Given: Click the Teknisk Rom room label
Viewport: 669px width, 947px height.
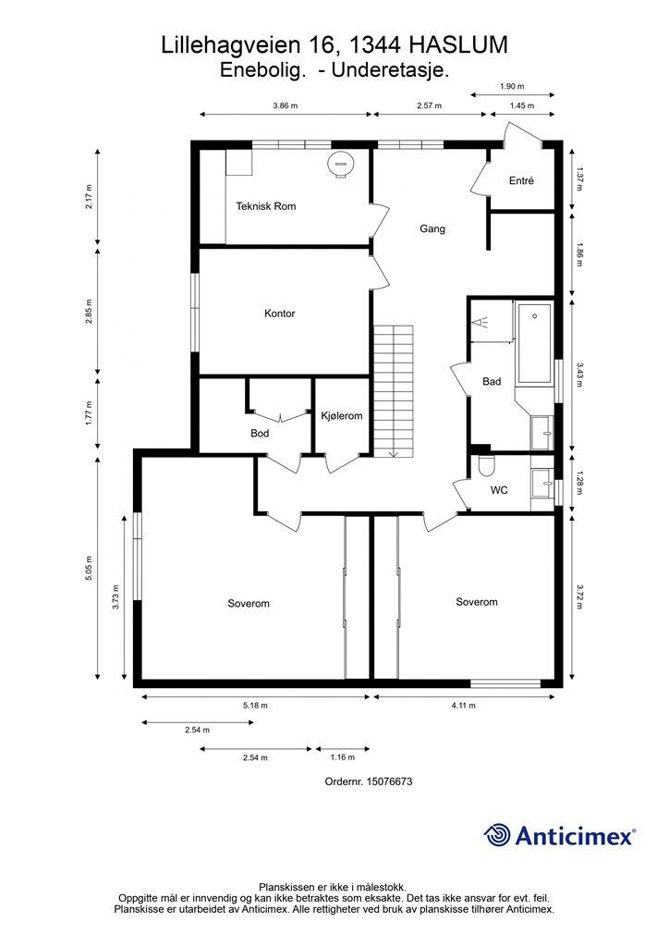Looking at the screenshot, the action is [265, 206].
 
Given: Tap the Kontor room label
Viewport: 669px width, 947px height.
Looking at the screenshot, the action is [279, 314].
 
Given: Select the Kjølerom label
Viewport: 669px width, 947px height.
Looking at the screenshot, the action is [342, 415].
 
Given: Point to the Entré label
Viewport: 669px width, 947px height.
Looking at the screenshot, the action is [521, 180].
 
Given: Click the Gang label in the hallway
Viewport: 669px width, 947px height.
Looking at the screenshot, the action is [432, 228].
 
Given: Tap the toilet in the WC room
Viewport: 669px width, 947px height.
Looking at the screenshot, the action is [484, 466].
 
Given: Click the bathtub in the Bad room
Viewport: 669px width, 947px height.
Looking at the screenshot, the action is [534, 344].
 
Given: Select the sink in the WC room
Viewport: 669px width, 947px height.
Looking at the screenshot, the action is [542, 483].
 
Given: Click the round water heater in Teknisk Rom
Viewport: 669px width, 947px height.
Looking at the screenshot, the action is [340, 164].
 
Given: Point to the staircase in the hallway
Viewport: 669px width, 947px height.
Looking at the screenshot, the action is [394, 391].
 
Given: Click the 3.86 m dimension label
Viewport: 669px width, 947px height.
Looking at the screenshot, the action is [286, 105].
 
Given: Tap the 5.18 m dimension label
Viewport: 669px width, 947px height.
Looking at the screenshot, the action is [255, 705].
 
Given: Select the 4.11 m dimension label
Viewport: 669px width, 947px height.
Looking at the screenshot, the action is [463, 705].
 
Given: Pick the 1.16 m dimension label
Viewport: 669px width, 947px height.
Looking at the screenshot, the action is [342, 756].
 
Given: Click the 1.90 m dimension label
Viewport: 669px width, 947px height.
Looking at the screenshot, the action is [512, 86].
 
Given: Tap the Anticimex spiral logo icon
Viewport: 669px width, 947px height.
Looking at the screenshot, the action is [496, 835].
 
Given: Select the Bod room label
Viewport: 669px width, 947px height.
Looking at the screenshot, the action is [260, 433].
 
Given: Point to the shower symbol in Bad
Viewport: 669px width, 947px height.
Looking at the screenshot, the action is [480, 322].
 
